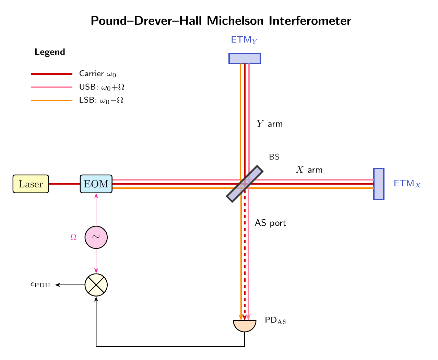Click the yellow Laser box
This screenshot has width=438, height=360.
[x=31, y=184]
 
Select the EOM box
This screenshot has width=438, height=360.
[x=96, y=184]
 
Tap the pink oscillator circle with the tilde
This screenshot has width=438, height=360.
[x=96, y=237]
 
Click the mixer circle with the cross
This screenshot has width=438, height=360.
[x=96, y=285]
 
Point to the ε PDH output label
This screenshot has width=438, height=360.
[x=40, y=285]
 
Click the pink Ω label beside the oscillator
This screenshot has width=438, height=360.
[x=73, y=237]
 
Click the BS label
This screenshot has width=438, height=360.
[x=274, y=157]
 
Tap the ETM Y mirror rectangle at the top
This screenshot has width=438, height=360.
[x=245, y=59]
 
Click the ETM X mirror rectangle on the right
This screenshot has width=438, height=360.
[x=379, y=184]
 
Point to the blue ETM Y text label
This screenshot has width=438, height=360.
[x=244, y=40]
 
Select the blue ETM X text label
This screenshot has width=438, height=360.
[x=407, y=184]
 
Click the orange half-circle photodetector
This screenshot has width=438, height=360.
[x=245, y=325]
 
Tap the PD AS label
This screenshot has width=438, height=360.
[x=275, y=321]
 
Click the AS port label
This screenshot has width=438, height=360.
[x=270, y=223]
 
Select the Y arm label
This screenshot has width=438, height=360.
[x=270, y=124]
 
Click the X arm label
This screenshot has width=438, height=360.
[x=309, y=170]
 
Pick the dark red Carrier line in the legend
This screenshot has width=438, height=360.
[x=51, y=74]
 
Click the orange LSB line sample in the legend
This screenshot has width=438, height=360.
[x=51, y=101]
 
